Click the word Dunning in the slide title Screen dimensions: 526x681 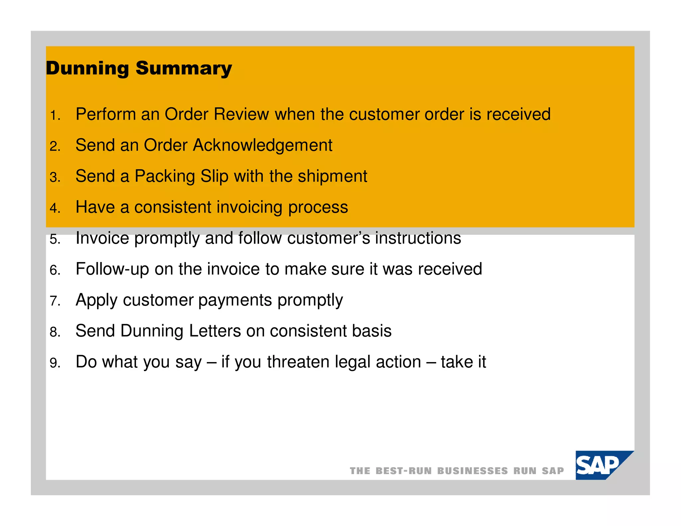[x=87, y=68]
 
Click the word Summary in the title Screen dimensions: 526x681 [x=184, y=68]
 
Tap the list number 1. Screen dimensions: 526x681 [x=55, y=116]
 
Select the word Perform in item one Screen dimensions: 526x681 [x=105, y=114]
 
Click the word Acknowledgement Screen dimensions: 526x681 [x=262, y=145]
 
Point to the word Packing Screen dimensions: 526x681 [x=165, y=177]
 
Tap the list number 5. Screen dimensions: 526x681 [x=55, y=239]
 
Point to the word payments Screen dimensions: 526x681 [x=235, y=300]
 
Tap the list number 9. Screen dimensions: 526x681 [x=55, y=363]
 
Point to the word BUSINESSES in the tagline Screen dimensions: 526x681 [x=472, y=471]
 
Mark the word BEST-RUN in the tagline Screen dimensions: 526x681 [x=403, y=471]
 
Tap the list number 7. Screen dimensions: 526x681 [x=55, y=301]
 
